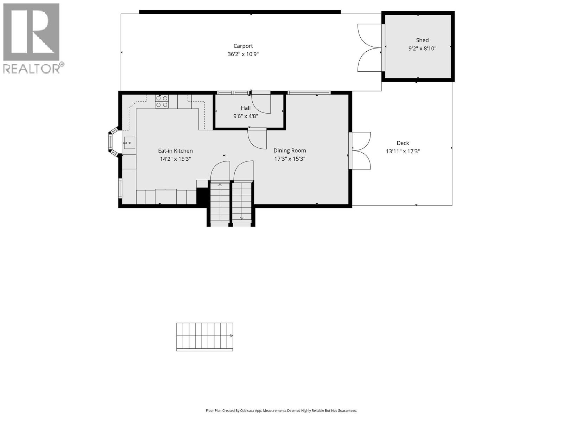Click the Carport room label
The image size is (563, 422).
click(x=243, y=46)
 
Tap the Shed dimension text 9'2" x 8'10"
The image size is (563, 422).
click(x=422, y=49)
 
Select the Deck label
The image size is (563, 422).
click(x=403, y=143)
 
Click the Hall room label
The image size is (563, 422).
click(x=246, y=108)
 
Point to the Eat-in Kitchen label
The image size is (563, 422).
click(x=175, y=151)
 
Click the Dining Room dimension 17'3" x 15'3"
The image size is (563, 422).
click(x=290, y=159)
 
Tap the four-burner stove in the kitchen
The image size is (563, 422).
click(x=162, y=102)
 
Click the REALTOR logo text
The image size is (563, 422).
click(x=32, y=68)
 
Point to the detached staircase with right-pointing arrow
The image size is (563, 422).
click(x=204, y=336)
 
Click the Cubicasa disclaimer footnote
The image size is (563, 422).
click(x=281, y=410)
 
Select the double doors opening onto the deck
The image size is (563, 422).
click(x=361, y=151)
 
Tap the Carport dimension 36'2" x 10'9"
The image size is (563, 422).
click(x=243, y=54)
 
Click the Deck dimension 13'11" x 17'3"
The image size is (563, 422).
click(x=403, y=152)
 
